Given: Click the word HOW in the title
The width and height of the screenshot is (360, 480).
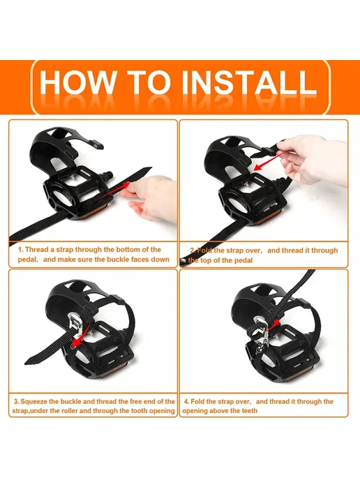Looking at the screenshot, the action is click(x=77, y=82).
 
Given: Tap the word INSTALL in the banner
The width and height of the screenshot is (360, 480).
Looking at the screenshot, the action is click(x=249, y=82).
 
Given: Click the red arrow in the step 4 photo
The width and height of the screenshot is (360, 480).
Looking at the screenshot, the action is click(x=273, y=325).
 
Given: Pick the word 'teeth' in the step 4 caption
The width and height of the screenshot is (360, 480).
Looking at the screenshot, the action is click(x=248, y=410).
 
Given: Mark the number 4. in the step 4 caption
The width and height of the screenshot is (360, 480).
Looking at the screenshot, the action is click(x=186, y=401).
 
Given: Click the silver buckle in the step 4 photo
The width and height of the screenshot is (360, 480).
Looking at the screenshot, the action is click(x=260, y=331).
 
